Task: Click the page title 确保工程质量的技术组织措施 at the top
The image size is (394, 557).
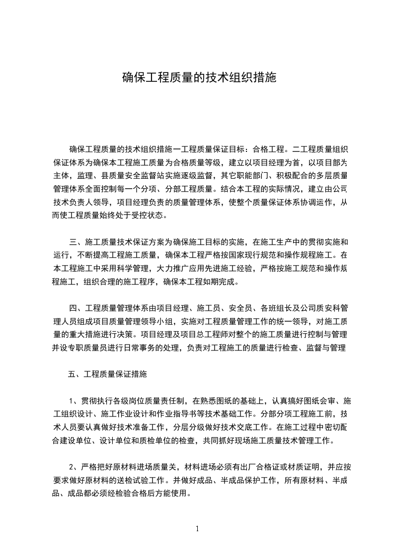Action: tap(199, 77)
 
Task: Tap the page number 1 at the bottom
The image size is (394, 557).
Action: tap(197, 529)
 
